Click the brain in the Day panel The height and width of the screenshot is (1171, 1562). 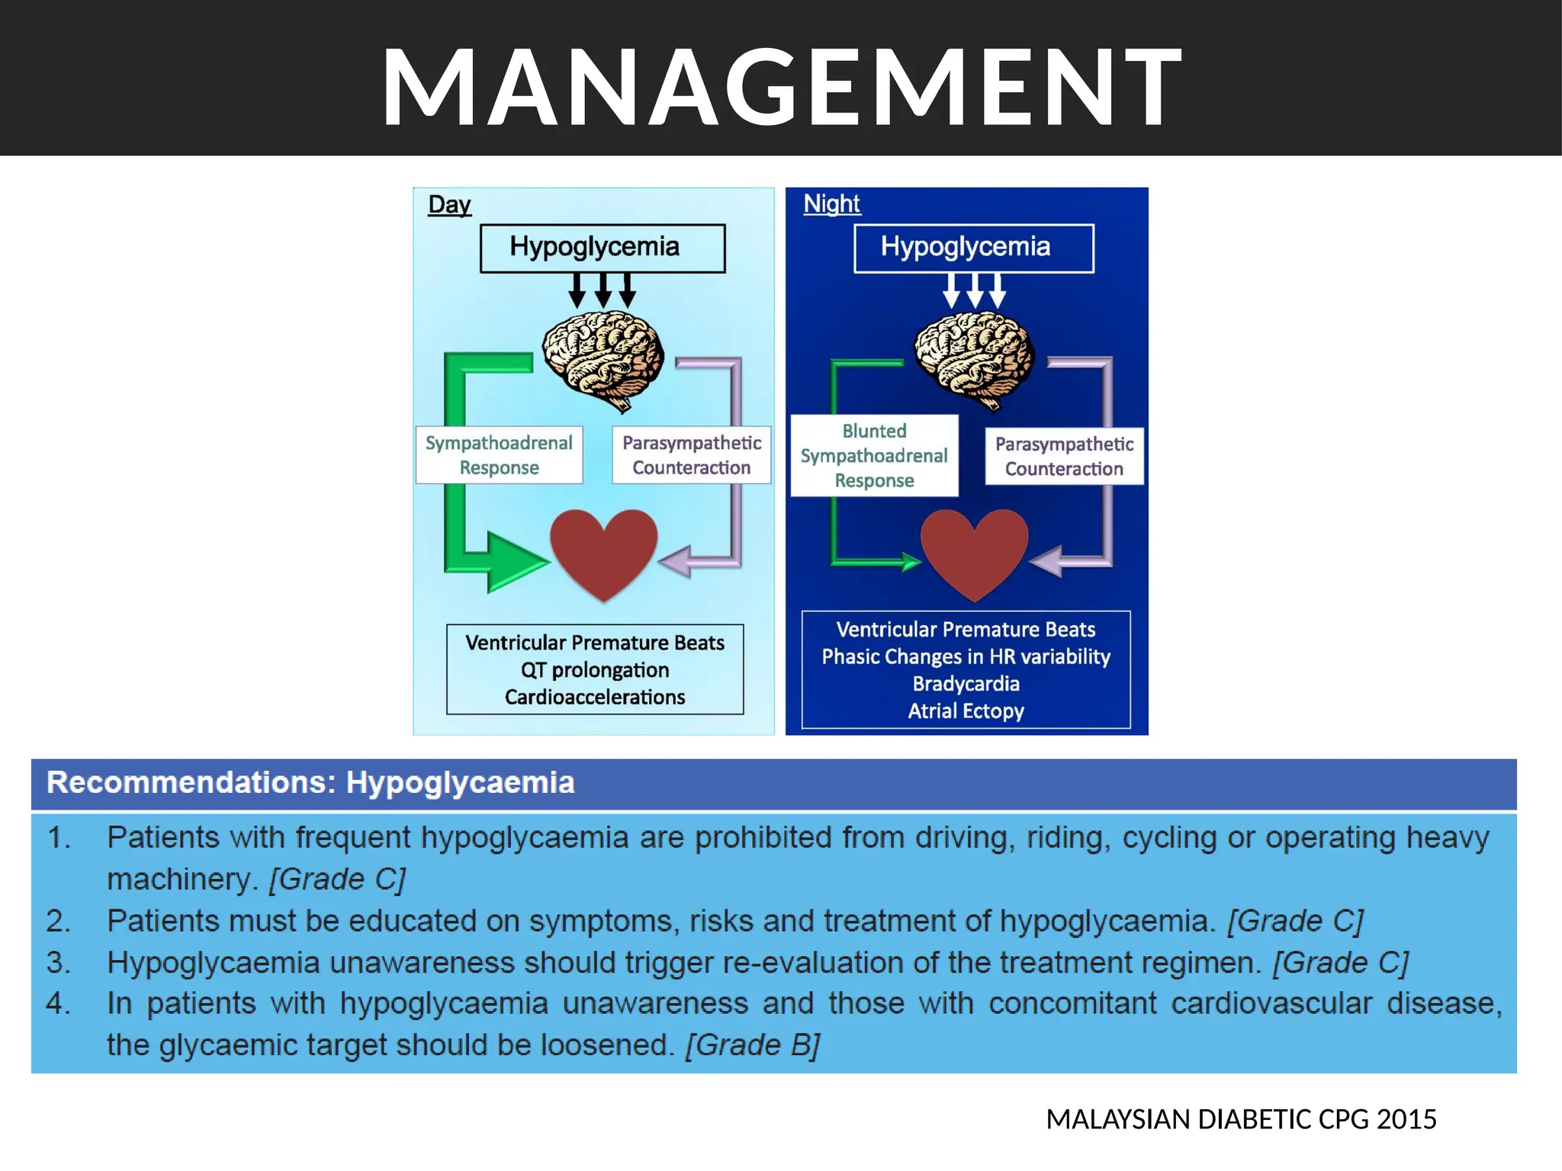pos(603,360)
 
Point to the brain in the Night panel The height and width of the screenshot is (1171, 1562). pos(975,360)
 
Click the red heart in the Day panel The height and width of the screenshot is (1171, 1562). pos(603,550)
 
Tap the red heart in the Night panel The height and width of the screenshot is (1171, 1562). pos(974,550)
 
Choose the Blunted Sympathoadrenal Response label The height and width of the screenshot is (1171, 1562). pos(874,456)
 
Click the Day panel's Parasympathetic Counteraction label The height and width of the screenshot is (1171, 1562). pos(691,455)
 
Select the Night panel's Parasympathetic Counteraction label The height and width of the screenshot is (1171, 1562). pos(1064,456)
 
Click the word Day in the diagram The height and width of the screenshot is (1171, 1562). pos(449,204)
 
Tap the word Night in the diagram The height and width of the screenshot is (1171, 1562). pos(831,204)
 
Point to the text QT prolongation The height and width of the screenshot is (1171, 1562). pos(595,670)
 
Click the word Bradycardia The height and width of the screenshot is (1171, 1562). pos(966,684)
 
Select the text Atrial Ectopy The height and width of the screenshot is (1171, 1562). pos(966,711)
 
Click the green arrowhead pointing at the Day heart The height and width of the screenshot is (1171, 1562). pos(515,563)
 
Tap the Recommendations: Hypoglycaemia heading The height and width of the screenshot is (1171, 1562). pos(310,783)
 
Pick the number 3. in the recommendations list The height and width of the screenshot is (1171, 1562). pos(58,963)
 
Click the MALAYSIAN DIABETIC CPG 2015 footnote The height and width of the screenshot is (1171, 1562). pos(1241,1119)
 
